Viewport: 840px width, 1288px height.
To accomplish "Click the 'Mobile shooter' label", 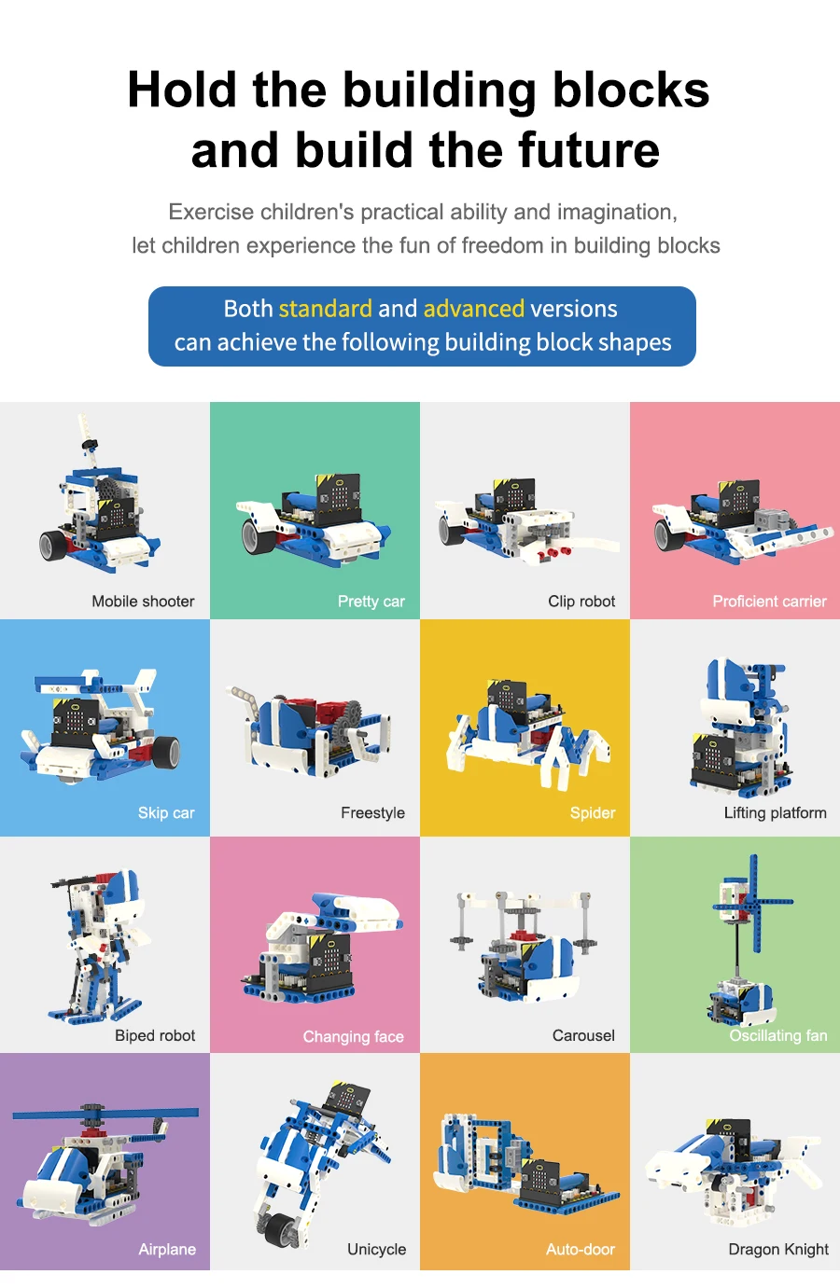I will (x=143, y=602).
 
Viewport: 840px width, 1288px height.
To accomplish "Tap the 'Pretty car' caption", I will (x=371, y=602).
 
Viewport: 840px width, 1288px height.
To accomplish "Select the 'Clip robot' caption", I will (x=581, y=602).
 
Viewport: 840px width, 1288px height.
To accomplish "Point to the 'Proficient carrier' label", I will (x=769, y=602).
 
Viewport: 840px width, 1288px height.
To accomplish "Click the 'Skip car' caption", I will (x=166, y=812).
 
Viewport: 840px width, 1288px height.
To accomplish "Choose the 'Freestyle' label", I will (x=372, y=812).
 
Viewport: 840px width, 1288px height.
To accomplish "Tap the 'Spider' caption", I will (x=593, y=812).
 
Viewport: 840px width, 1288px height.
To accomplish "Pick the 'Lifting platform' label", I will (x=775, y=812).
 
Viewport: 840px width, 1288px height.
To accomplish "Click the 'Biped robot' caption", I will (x=155, y=1035).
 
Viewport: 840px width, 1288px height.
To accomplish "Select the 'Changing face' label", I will (x=353, y=1036).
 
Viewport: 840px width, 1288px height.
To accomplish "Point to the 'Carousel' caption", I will (x=583, y=1035).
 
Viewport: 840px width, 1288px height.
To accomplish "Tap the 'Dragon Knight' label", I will (x=778, y=1249).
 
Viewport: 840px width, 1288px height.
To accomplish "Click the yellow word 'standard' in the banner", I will (x=325, y=309).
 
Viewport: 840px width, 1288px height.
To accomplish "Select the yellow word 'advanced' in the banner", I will (x=474, y=309).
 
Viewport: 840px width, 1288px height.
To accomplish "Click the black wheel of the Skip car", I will (x=168, y=752).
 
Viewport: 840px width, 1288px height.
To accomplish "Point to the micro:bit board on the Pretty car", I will (x=338, y=498).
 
